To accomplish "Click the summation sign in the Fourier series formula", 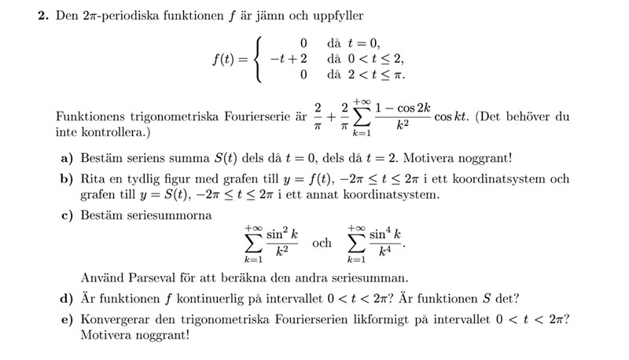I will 362,117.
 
